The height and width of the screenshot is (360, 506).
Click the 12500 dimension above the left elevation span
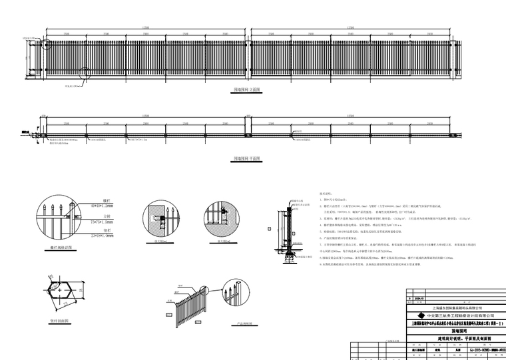146,27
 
